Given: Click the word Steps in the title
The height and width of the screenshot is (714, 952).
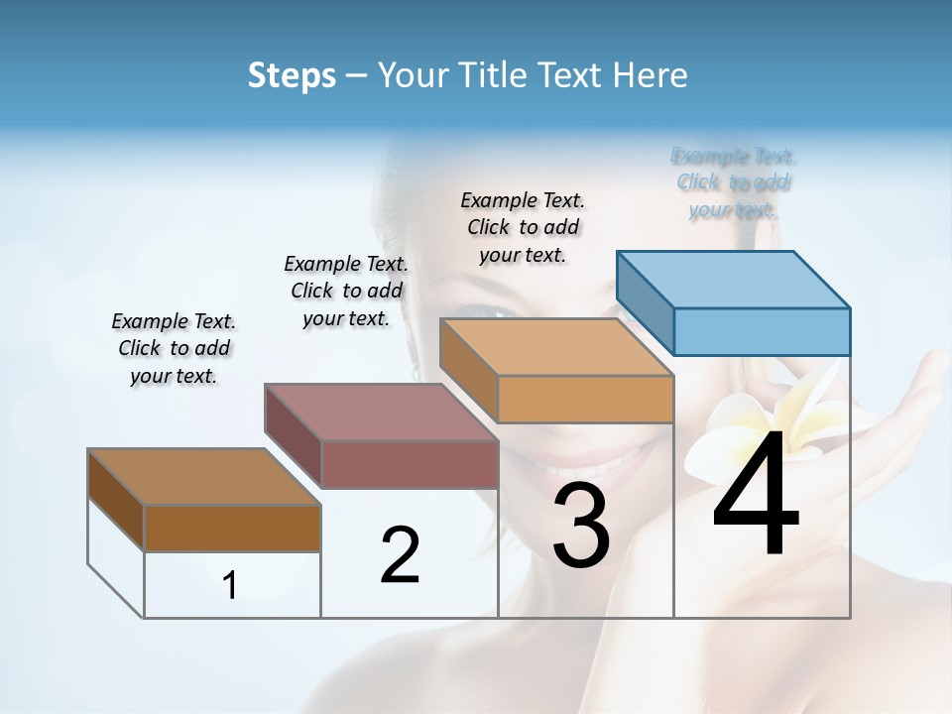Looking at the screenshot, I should coord(292,75).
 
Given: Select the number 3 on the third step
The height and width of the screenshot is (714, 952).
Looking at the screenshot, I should coord(580,526).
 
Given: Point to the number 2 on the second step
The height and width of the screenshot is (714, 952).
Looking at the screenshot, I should coord(400,555).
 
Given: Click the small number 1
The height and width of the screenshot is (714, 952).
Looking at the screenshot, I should coord(230,586).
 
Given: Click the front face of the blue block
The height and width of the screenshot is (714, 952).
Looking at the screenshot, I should coord(762,331).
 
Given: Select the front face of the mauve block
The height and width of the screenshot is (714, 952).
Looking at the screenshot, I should coord(410,464).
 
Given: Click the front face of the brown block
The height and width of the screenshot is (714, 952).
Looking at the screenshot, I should coord(232,528).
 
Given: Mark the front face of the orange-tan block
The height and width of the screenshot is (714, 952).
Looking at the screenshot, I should coord(585,399).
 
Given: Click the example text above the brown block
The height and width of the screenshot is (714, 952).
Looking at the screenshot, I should coord(174,348).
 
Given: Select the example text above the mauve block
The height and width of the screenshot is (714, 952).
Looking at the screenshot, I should coord(346,291).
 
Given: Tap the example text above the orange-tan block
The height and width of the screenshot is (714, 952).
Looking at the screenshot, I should coord(523,227).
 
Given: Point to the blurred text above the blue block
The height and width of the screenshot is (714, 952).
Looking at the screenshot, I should coord(734,182).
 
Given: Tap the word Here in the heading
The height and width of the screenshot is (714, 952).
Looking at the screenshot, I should coord(654,75).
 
